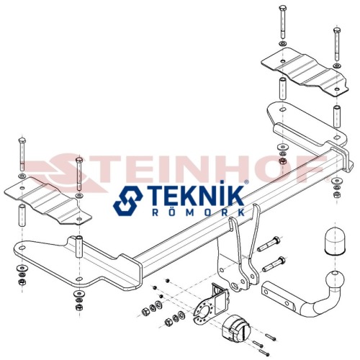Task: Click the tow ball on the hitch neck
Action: click(335, 280)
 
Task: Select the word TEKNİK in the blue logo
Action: click(195, 197)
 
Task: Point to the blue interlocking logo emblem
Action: click(128, 201)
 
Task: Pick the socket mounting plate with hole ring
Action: click(204, 311)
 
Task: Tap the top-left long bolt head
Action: click(22, 140)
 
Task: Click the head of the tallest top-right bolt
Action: click(283, 7)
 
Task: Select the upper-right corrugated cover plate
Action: click(305, 71)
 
